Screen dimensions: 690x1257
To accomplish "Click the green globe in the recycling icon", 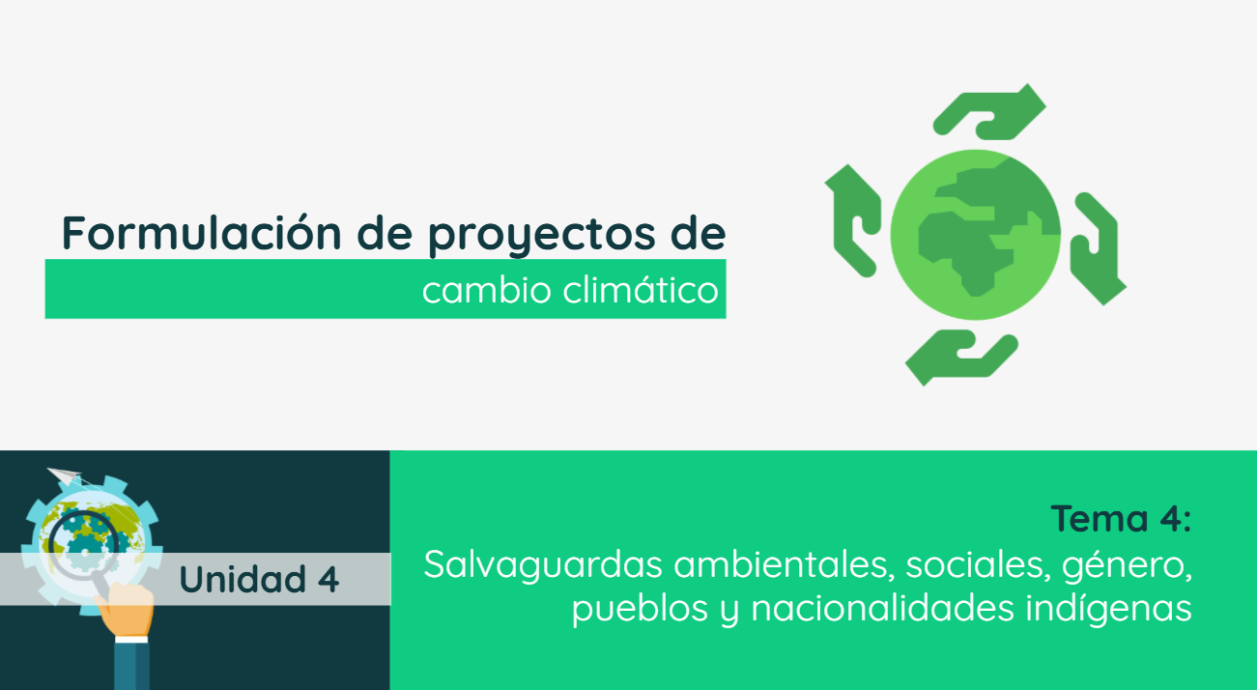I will tap(975, 235).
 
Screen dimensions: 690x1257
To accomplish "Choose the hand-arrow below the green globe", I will tap(960, 357).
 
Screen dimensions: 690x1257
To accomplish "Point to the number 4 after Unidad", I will tap(328, 579).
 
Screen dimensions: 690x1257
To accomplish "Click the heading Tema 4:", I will tap(1121, 519).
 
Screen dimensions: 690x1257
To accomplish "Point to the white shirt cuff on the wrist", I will tap(129, 640).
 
